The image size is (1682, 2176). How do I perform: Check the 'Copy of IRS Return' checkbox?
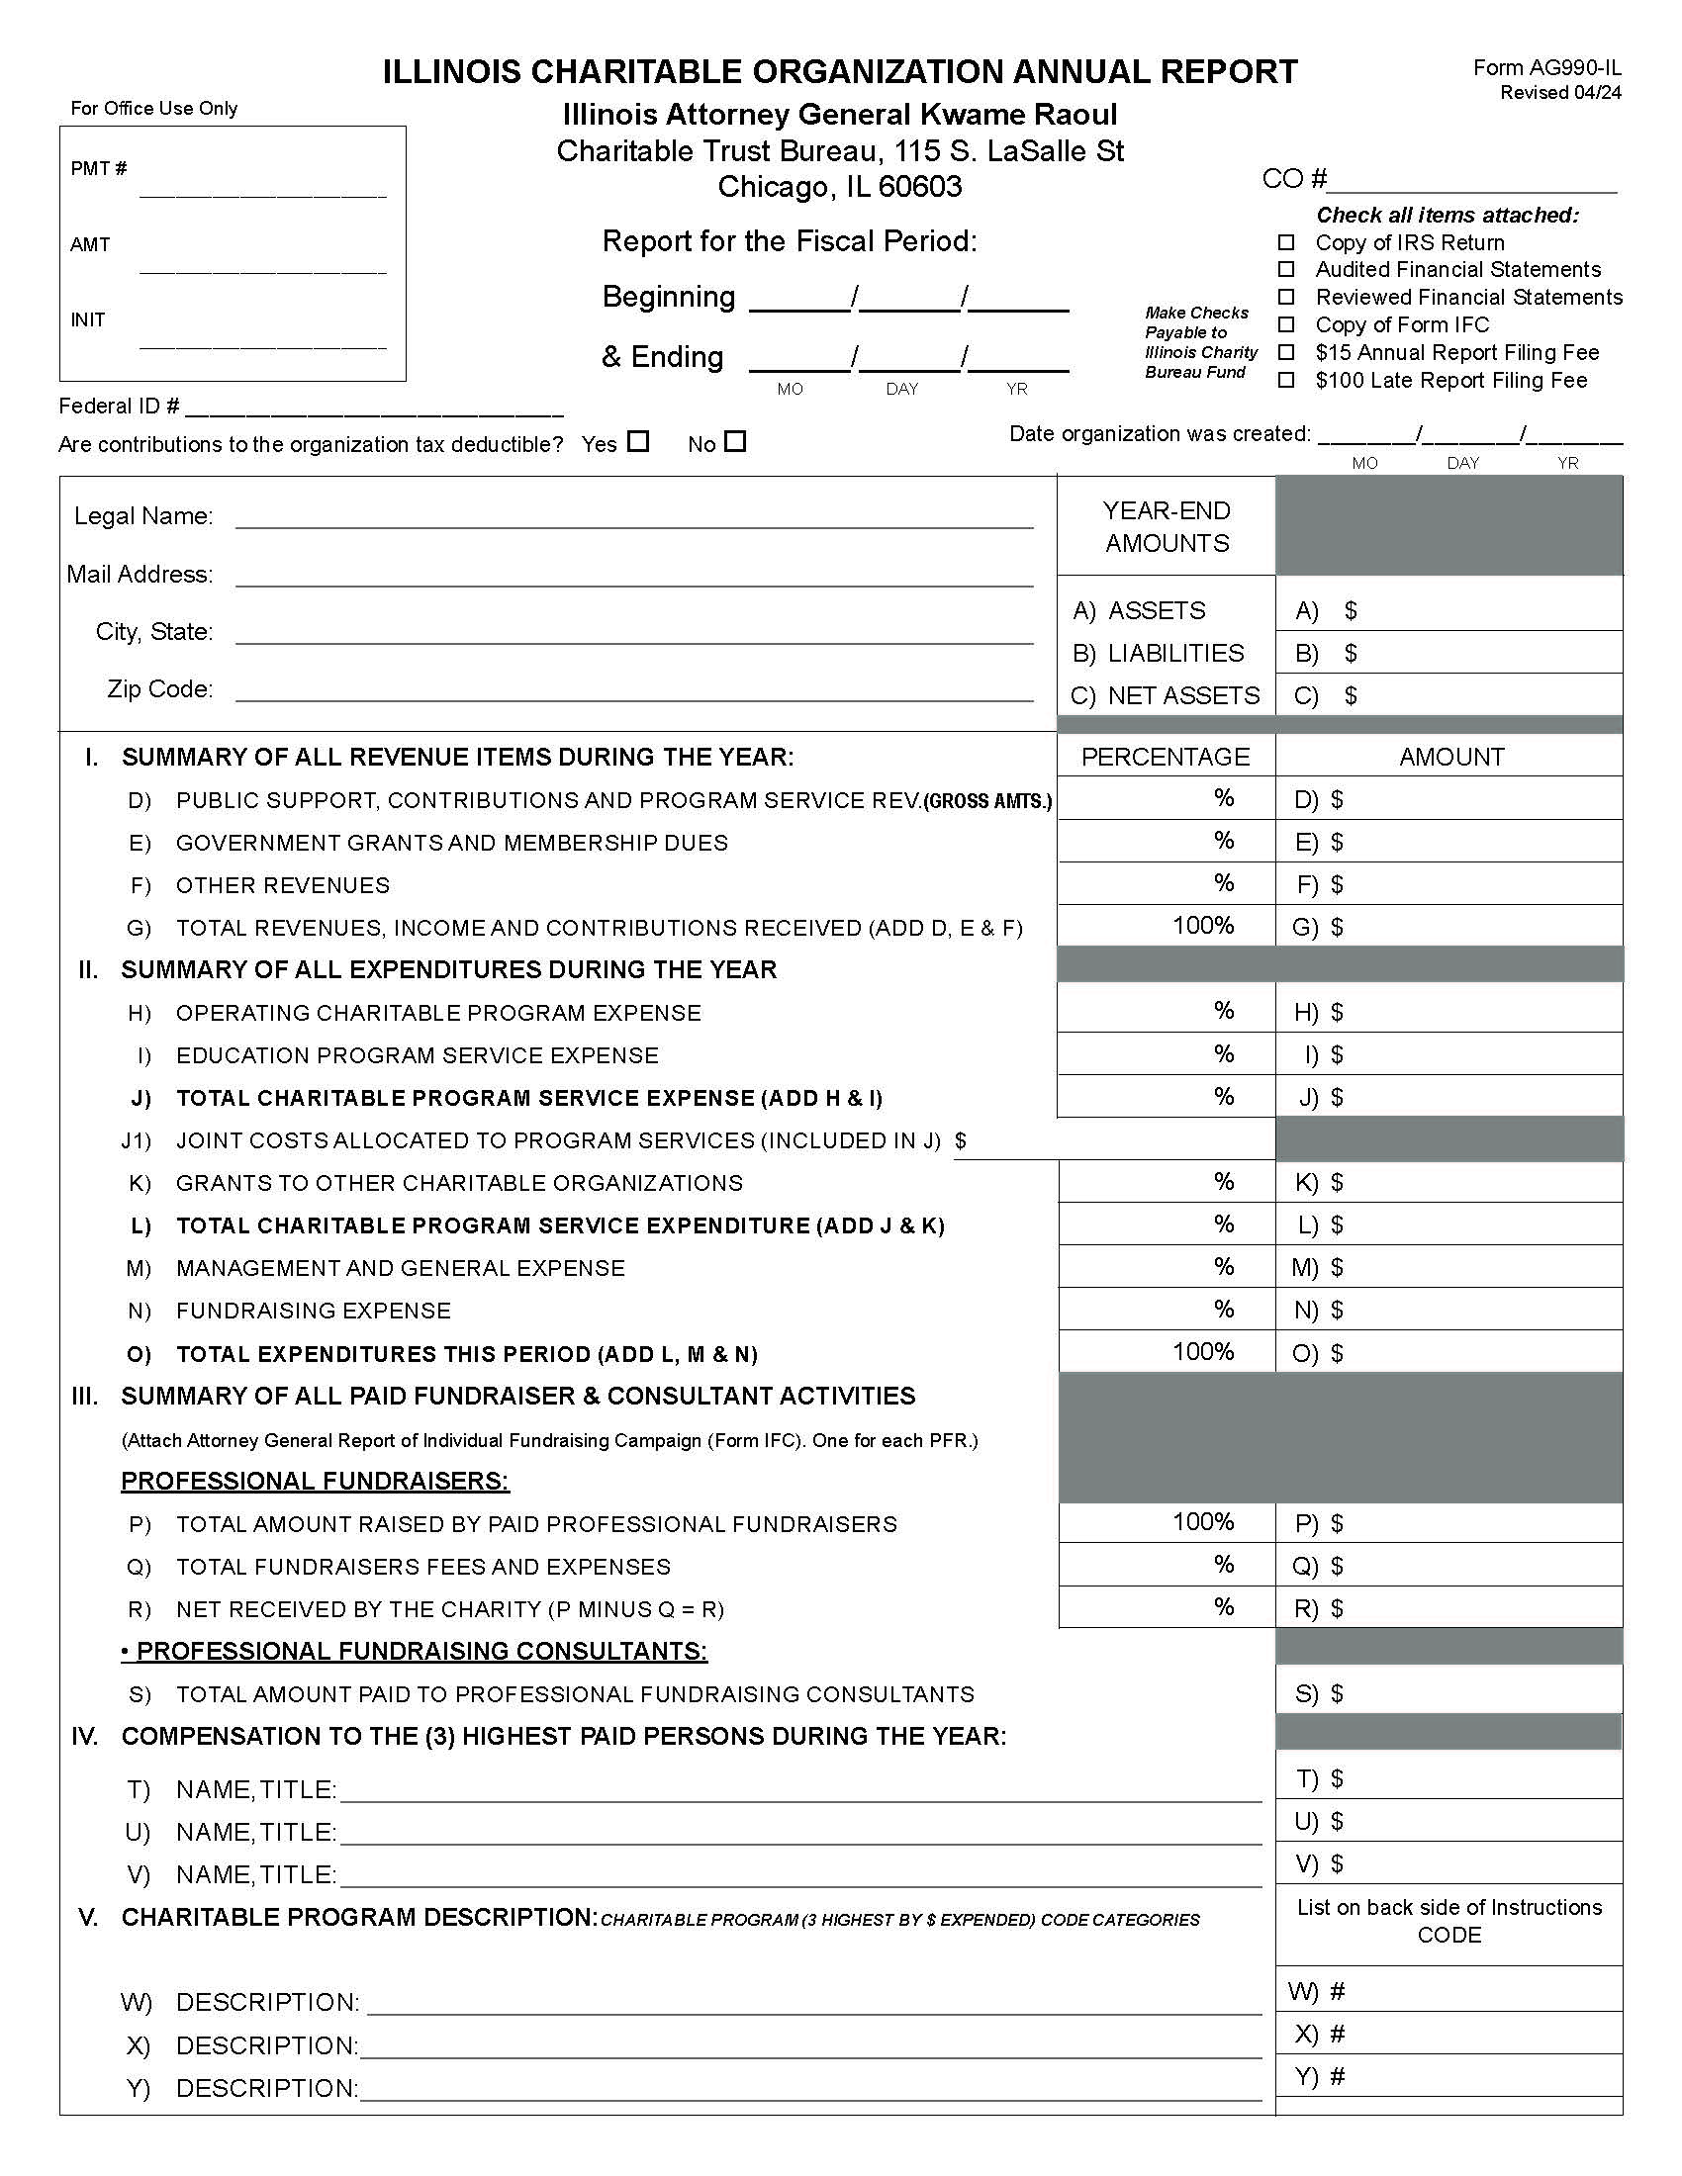point(1286,242)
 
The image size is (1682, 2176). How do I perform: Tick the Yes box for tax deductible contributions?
point(639,441)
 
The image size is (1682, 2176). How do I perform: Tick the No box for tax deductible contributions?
point(735,441)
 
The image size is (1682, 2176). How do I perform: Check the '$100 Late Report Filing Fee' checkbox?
point(1286,380)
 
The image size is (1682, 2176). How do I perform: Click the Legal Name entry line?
point(634,517)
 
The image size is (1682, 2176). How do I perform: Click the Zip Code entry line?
point(634,690)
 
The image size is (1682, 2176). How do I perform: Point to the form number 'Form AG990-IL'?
point(1546,67)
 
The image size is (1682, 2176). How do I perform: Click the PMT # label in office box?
point(98,168)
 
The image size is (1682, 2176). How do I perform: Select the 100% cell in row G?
point(1166,926)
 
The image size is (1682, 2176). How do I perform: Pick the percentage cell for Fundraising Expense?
point(1166,1310)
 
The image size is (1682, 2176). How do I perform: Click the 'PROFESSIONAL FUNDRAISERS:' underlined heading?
point(315,1481)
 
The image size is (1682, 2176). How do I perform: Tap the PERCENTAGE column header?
point(1165,757)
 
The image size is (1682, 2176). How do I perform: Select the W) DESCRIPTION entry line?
point(813,2003)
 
